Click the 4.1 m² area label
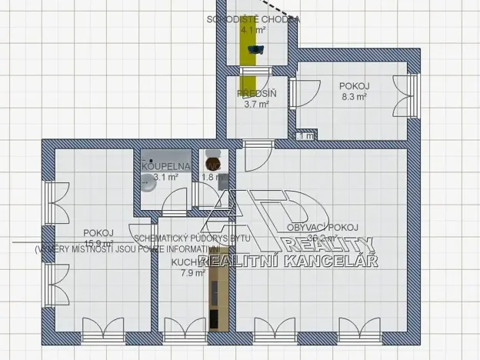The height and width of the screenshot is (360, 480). [x=253, y=31]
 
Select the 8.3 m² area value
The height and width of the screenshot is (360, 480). [x=354, y=98]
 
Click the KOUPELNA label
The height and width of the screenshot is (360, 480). [x=162, y=165]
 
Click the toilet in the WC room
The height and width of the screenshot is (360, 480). [x=212, y=164]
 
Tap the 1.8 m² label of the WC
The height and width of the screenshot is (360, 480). [x=209, y=177]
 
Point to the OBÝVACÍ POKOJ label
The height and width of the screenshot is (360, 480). [x=323, y=227]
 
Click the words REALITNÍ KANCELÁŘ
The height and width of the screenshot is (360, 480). [x=288, y=262]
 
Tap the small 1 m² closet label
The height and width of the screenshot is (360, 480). [x=305, y=136]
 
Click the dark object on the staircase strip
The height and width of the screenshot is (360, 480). [x=255, y=50]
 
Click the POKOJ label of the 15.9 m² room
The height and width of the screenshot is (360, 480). [x=98, y=233]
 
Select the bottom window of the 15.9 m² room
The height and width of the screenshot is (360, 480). [x=104, y=336]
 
